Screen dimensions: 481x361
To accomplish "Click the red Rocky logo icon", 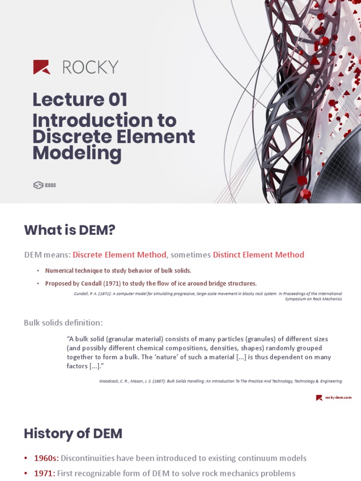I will pyautogui.click(x=41, y=67).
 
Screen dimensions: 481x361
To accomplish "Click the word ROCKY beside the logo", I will pyautogui.click(x=90, y=67).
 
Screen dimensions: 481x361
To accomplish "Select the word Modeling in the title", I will pyautogui.click(x=77, y=153).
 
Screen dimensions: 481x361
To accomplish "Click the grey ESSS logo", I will pyautogui.click(x=45, y=185).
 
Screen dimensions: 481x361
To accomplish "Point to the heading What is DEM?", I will pyautogui.click(x=70, y=230).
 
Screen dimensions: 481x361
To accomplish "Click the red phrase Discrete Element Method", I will pyautogui.click(x=119, y=255).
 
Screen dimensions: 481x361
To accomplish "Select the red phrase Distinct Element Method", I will pyautogui.click(x=259, y=255).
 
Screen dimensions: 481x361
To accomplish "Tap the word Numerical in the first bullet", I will pyautogui.click(x=60, y=271).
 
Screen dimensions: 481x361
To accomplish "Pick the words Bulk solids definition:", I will pyautogui.click(x=63, y=323).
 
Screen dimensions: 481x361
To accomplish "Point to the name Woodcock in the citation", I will pyautogui.click(x=110, y=381).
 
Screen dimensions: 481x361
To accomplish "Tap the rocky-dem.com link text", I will pyautogui.click(x=338, y=397).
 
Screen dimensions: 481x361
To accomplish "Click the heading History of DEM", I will pyautogui.click(x=73, y=434).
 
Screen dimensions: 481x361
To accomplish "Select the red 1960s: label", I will pyautogui.click(x=46, y=458).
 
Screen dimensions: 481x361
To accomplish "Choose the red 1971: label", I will pyautogui.click(x=44, y=473).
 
